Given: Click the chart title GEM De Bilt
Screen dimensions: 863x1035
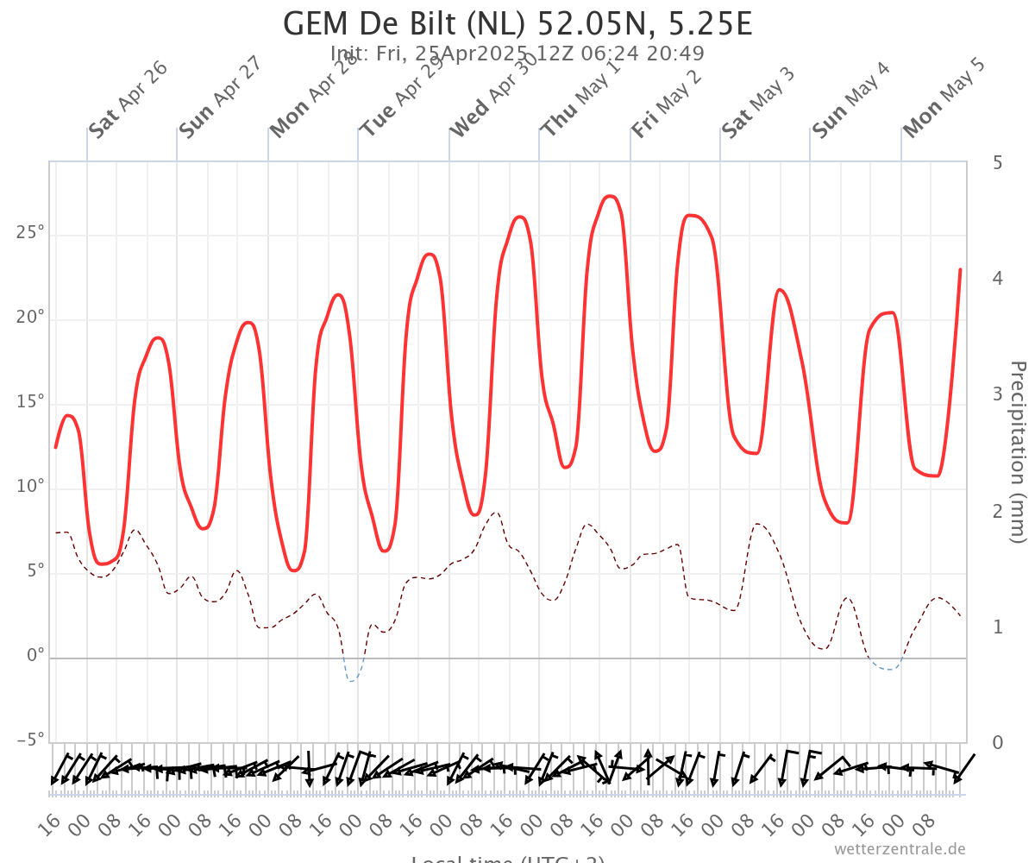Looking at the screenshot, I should (517, 23).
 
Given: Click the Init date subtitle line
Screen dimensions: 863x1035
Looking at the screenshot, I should (517, 54).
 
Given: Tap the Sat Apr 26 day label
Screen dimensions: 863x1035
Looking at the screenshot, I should (128, 100).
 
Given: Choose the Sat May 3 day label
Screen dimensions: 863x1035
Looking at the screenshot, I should (758, 100).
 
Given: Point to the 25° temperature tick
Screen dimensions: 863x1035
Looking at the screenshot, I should (30, 234).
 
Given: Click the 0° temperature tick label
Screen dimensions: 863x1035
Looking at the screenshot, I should (34, 656).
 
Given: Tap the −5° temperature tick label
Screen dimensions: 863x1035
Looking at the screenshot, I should (30, 740).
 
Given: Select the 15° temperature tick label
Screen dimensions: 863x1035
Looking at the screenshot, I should (30, 402).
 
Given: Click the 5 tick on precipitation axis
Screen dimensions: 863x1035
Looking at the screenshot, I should (997, 162).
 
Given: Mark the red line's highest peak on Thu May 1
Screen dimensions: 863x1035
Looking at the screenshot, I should (609, 197).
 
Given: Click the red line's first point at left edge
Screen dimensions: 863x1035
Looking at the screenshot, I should (56, 447).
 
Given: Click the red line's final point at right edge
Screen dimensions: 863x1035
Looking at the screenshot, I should (960, 269).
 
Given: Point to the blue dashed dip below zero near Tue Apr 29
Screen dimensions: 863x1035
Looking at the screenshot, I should (352, 680).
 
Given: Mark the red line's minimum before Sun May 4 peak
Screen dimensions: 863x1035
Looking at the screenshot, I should (845, 522).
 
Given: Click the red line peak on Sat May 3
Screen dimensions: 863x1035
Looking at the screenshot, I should (780, 290).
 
